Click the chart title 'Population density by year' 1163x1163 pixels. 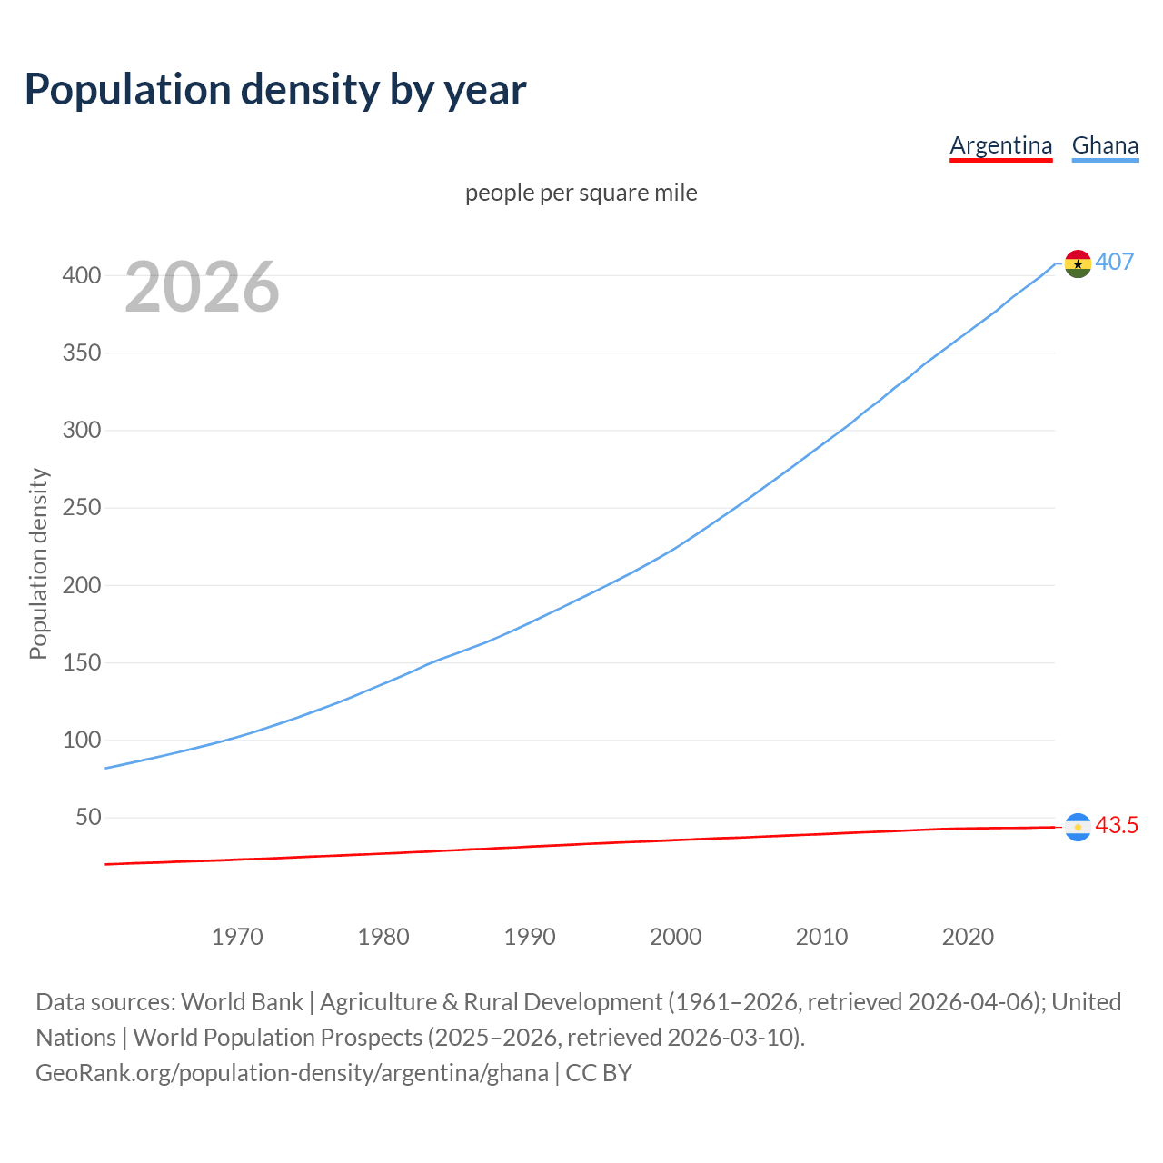[275, 90]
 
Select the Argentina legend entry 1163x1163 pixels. [1000, 145]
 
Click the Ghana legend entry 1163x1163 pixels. [1105, 145]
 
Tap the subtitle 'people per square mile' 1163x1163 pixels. [581, 193]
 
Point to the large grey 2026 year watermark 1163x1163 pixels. [202, 287]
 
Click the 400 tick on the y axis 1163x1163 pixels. [81, 275]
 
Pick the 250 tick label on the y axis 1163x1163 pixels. [81, 508]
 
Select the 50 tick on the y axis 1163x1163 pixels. [87, 818]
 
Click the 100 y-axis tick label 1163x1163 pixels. [81, 741]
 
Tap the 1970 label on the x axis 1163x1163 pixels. [237, 937]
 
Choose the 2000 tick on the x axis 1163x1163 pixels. [675, 937]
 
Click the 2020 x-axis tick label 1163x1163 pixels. [968, 937]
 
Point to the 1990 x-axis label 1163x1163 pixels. [530, 937]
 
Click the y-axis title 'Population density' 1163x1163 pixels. [38, 563]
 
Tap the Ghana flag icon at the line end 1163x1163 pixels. [1078, 263]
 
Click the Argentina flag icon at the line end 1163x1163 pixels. [1078, 827]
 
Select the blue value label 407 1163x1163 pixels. [1115, 262]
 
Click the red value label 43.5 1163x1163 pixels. [1117, 825]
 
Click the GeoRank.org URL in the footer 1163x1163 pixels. [292, 1073]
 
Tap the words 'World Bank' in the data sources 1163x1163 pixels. [242, 1002]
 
